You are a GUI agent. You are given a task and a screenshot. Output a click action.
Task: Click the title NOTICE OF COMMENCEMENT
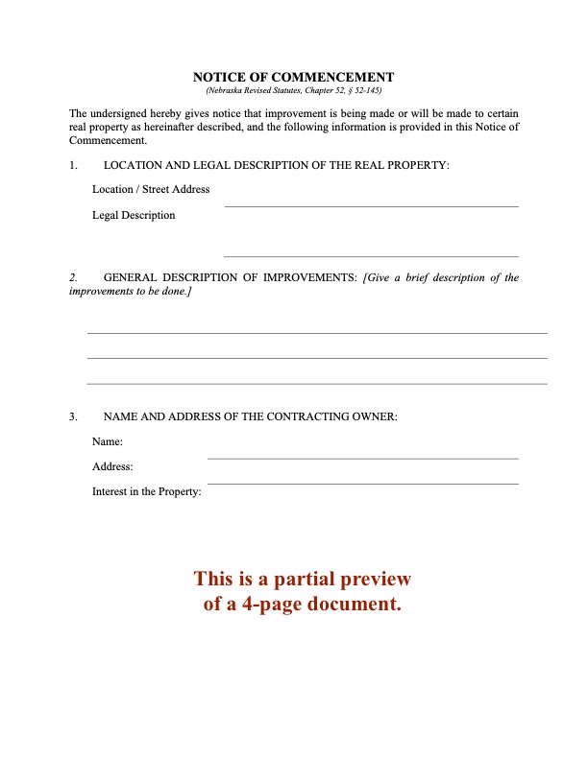294,77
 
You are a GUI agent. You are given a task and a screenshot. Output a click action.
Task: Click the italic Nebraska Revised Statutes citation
294,89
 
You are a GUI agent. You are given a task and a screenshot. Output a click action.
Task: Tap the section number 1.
73,166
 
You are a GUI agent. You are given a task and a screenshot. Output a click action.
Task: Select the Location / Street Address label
151,189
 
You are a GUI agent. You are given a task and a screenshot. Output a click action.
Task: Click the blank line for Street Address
371,205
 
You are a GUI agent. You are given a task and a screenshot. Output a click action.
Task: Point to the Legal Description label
134,215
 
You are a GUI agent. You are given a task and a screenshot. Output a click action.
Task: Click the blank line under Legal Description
371,255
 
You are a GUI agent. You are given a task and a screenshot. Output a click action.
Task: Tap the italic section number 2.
73,278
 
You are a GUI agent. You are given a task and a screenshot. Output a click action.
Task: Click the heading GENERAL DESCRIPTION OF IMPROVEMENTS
230,278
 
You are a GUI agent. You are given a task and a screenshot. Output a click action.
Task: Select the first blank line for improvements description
317,333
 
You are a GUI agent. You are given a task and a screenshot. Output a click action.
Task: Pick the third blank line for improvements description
317,383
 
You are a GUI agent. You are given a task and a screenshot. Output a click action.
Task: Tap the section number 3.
73,416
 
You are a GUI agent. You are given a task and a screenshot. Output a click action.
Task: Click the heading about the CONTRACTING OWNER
250,416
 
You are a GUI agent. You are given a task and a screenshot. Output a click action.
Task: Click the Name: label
108,442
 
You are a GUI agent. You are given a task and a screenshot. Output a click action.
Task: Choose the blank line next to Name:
363,458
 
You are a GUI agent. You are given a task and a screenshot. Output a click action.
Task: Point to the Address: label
112,467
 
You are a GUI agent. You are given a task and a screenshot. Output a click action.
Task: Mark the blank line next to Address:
363,483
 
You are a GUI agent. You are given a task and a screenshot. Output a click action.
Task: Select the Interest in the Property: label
146,492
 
